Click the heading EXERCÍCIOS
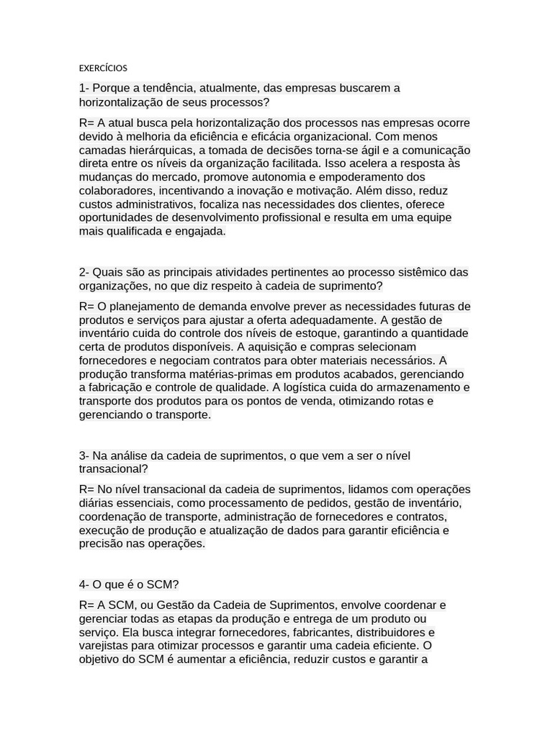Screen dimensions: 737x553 pyautogui.click(x=103, y=68)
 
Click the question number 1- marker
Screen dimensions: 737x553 pyautogui.click(x=84, y=89)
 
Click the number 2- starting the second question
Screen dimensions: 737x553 pyautogui.click(x=84, y=272)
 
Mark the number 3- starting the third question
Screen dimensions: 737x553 pyautogui.click(x=84, y=456)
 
